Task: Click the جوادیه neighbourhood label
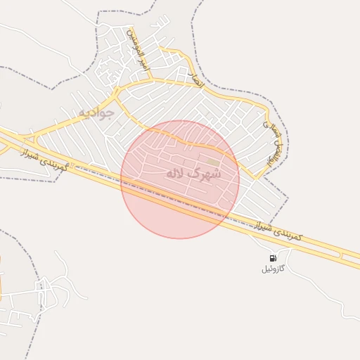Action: tap(96, 113)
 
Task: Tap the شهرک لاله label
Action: tap(193, 173)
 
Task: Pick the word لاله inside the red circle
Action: tap(176, 173)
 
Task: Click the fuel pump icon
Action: tap(272, 258)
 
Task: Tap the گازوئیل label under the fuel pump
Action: tap(272, 269)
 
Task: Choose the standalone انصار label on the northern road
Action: tap(195, 79)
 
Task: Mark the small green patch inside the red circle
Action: tap(212, 162)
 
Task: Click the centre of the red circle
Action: tap(180, 179)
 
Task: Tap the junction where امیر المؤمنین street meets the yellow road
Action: tap(117, 89)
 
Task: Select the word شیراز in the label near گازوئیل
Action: tap(262, 226)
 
